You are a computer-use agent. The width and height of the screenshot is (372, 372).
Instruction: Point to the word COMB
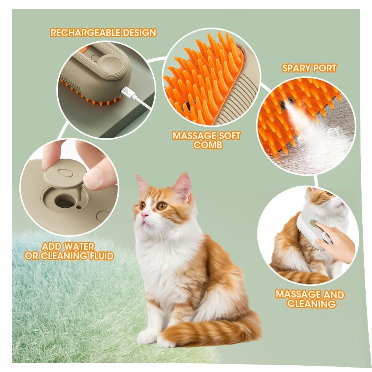coord(208,144)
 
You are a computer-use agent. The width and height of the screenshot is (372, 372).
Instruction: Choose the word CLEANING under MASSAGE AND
coord(311,304)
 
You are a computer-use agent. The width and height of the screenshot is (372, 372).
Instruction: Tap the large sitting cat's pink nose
coord(144,215)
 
